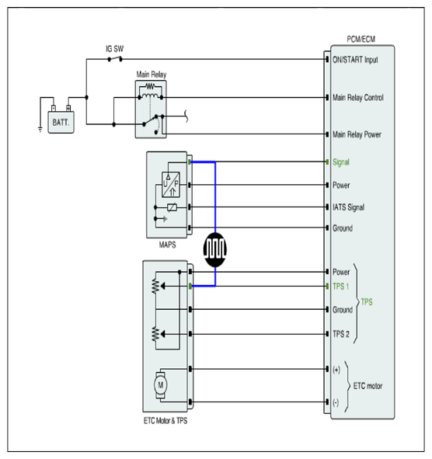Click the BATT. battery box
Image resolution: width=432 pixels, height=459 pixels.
pyautogui.click(x=61, y=122)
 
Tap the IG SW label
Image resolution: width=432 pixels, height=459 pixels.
pyautogui.click(x=114, y=49)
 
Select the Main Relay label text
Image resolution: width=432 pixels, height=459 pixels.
pyautogui.click(x=152, y=75)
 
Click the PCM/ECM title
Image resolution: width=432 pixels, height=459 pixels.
pyautogui.click(x=361, y=40)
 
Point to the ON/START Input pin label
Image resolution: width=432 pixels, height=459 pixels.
pyautogui.click(x=355, y=60)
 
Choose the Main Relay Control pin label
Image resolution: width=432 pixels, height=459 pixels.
pyautogui.click(x=358, y=98)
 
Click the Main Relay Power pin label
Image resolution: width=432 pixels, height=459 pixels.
pyautogui.click(x=357, y=134)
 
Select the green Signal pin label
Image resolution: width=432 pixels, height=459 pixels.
pyautogui.click(x=341, y=162)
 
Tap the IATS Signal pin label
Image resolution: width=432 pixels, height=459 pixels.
pyautogui.click(x=349, y=207)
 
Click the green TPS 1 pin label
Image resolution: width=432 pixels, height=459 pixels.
pyautogui.click(x=340, y=287)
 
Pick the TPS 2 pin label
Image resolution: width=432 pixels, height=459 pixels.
pyautogui.click(x=341, y=334)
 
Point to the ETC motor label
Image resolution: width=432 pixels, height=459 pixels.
pyautogui.click(x=368, y=386)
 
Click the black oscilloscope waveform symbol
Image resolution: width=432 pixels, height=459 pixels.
pyautogui.click(x=215, y=250)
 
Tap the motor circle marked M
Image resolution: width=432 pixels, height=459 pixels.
pyautogui.click(x=161, y=385)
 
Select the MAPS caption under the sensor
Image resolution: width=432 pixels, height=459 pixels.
pyautogui.click(x=167, y=245)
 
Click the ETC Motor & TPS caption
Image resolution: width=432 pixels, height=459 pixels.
pyautogui.click(x=165, y=421)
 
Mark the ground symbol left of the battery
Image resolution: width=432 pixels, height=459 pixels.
pyautogui.click(x=40, y=130)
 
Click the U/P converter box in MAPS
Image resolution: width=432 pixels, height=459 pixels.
pyautogui.click(x=171, y=184)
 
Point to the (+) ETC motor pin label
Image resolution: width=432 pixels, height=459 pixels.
pyautogui.click(x=336, y=370)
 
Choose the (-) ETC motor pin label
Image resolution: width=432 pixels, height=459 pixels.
pyautogui.click(x=336, y=403)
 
